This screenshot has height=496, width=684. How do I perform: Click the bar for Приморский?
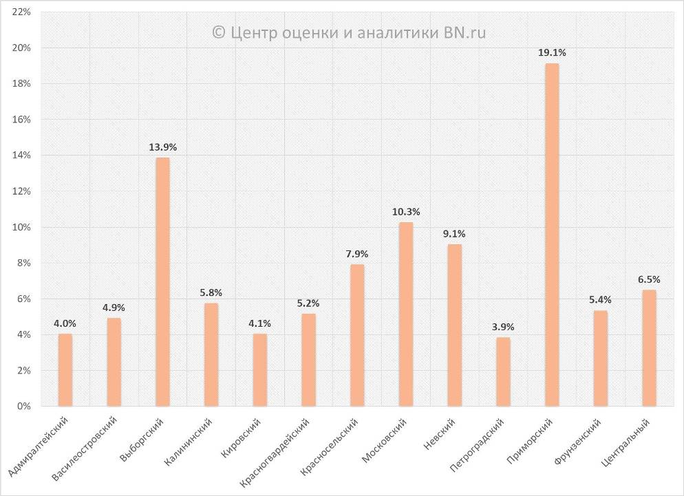(x=552, y=235)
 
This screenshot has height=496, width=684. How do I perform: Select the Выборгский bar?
(x=162, y=282)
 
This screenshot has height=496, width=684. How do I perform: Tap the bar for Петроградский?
(x=503, y=371)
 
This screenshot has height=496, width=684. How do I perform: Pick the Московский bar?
(x=406, y=314)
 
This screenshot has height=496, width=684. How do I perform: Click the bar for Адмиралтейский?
(x=65, y=370)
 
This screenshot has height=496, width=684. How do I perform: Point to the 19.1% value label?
(x=552, y=52)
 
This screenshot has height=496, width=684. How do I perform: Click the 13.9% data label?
(x=162, y=147)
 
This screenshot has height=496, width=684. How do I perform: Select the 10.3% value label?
(x=406, y=211)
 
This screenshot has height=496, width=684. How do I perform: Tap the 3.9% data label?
(x=503, y=327)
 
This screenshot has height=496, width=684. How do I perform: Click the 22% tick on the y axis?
(x=21, y=12)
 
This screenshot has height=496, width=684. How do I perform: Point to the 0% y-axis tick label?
(x=24, y=407)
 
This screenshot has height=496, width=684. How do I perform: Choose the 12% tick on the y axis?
(x=21, y=191)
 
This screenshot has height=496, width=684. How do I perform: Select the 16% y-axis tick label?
(x=21, y=120)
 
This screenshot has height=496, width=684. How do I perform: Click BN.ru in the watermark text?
(x=464, y=32)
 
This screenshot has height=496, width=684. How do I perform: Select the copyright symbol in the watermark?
(x=219, y=32)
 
